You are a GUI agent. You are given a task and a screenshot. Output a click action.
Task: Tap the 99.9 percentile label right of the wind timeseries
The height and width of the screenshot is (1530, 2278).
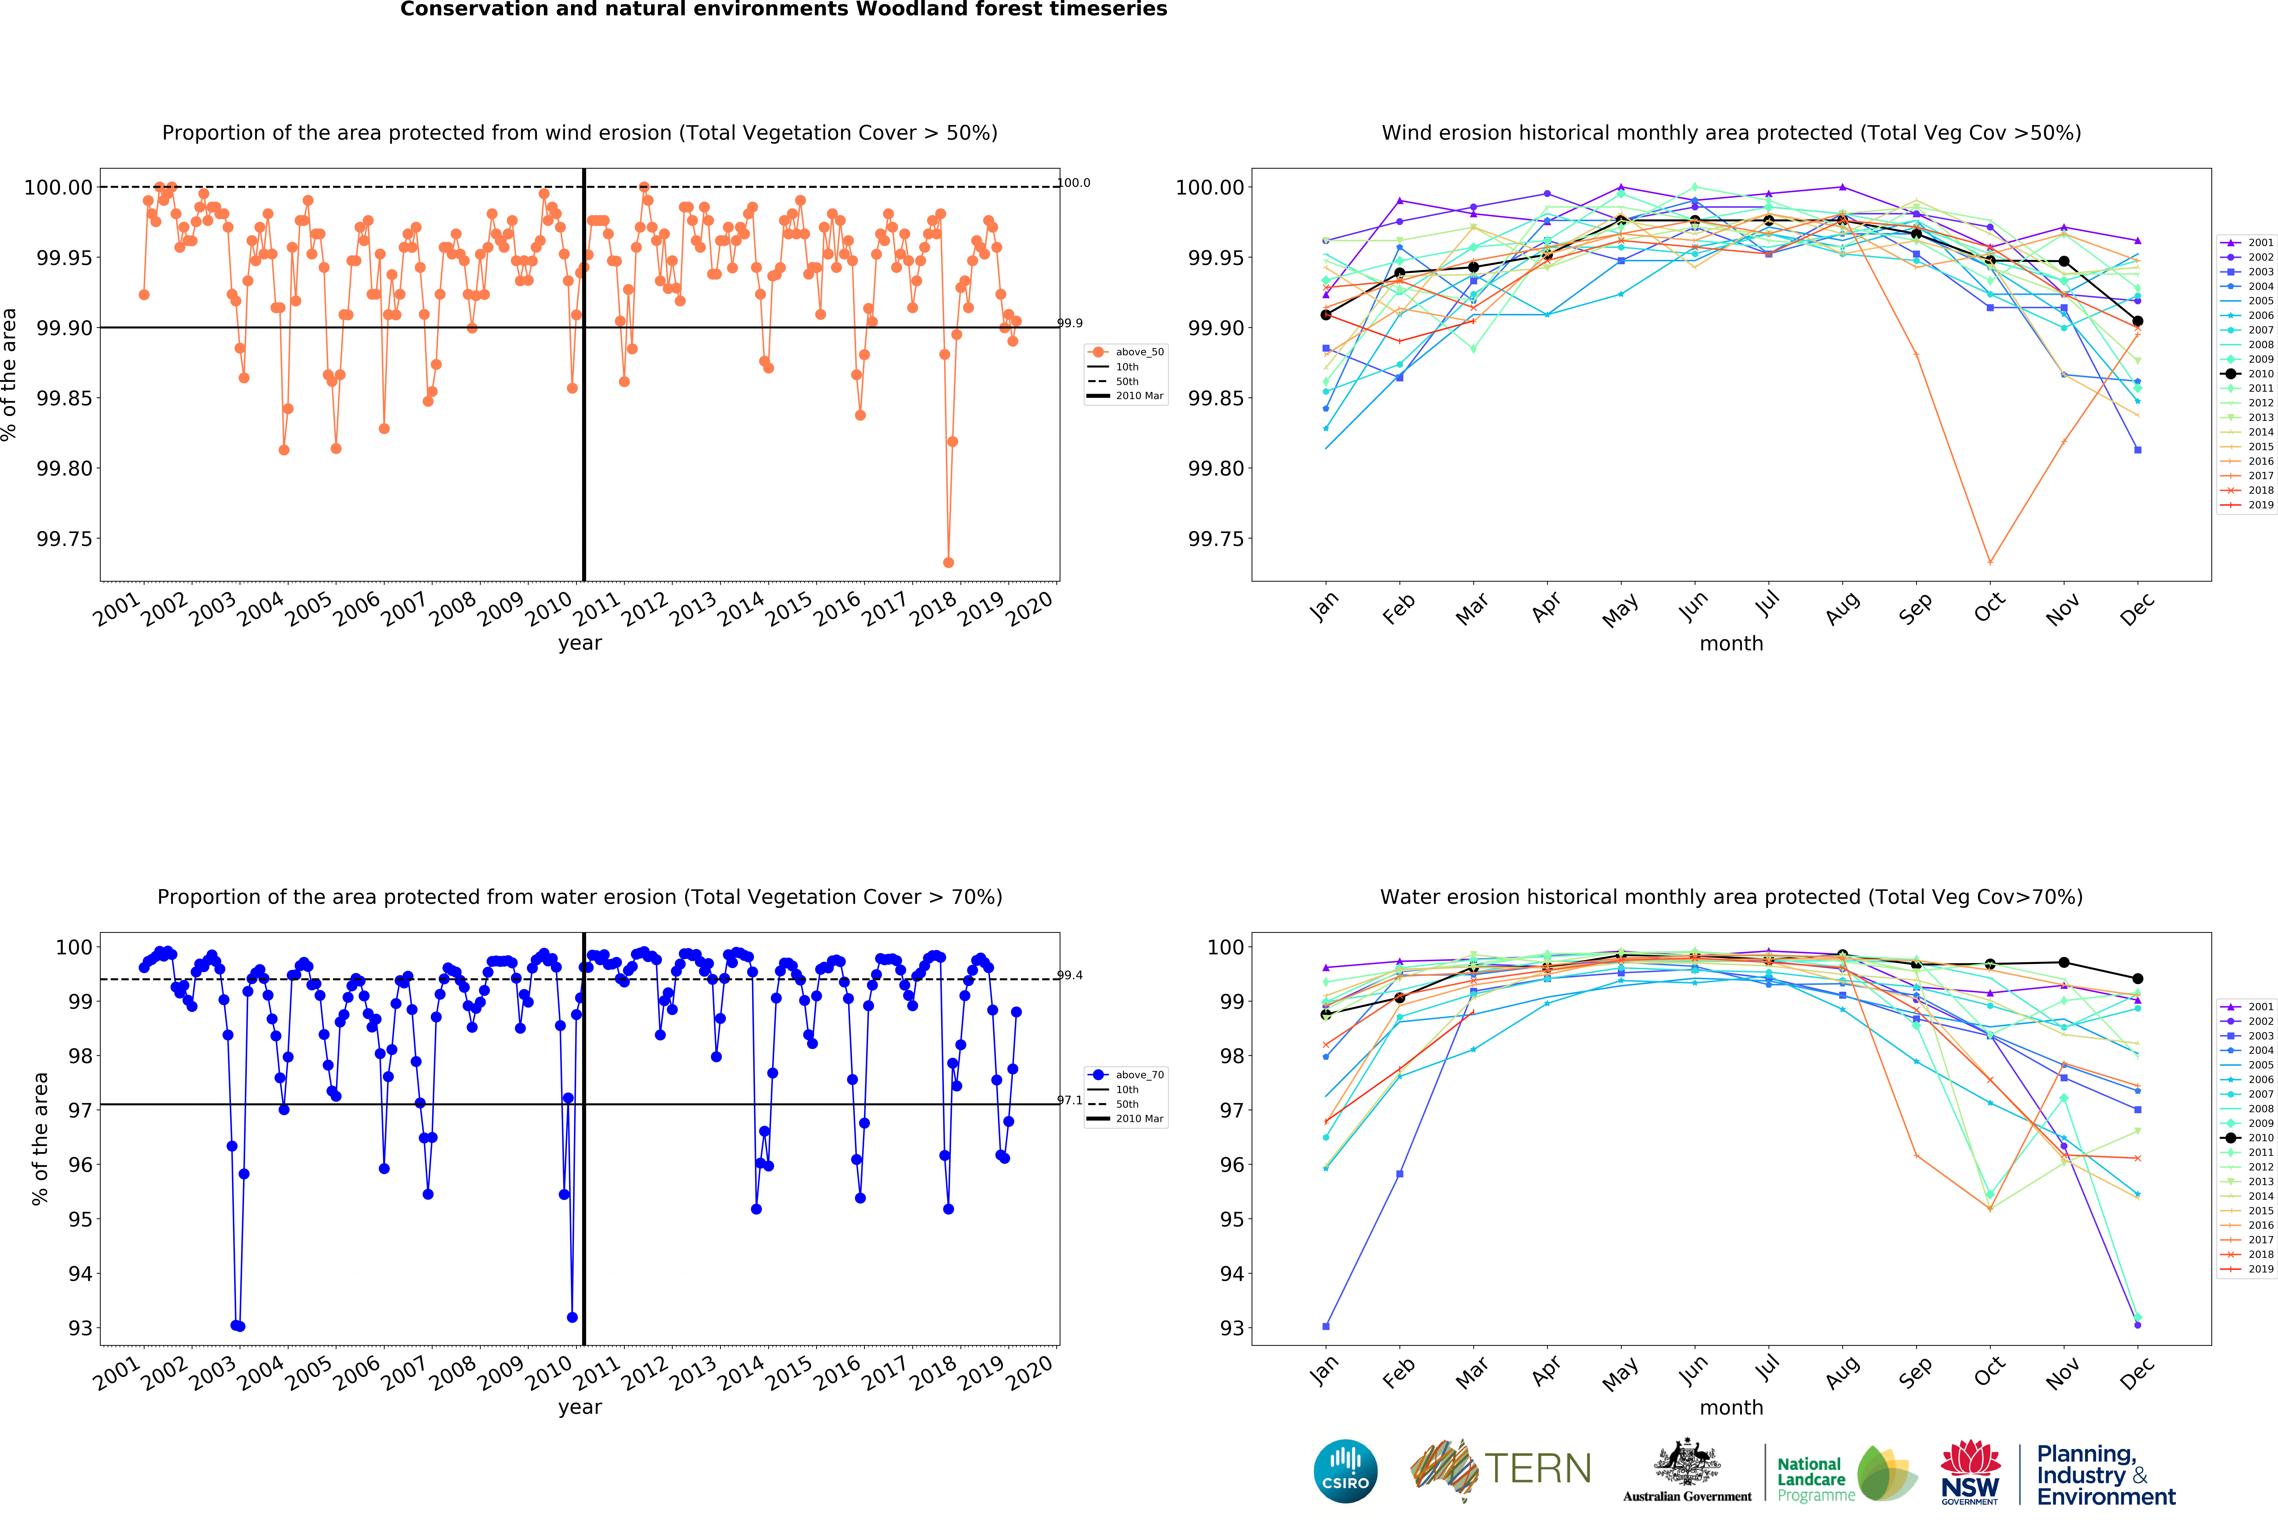(x=1071, y=323)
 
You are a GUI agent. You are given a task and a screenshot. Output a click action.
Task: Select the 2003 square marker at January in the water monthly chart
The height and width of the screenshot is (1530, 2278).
(x=1325, y=1326)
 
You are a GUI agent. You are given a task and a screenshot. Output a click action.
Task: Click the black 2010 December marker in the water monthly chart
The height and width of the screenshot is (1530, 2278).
(x=2138, y=979)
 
